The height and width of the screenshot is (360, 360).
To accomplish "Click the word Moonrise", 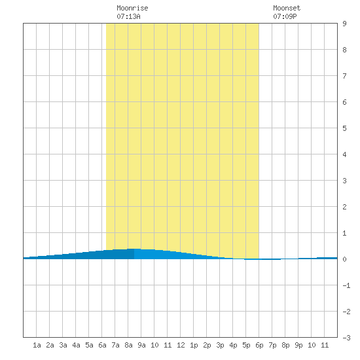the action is pos(132,8).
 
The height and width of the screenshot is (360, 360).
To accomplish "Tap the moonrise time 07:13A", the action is pos(128,16).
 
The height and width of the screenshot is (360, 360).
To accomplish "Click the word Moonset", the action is pos(287,8).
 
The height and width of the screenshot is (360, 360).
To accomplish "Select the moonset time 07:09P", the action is pos(285,16).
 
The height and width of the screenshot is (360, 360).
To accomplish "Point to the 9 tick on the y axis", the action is pos(344,24).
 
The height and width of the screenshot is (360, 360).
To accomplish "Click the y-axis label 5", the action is pos(344,128).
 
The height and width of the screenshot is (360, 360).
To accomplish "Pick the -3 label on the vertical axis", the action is pos(346,338).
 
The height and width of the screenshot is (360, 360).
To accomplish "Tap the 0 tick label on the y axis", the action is pos(344,259).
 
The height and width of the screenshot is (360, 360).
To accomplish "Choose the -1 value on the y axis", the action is pos(346,285).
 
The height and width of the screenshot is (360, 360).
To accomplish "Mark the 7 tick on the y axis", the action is pos(344,76).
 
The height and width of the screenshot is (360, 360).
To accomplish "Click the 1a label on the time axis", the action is pos(37,345).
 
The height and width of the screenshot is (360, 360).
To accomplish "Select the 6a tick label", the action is pos(102,345).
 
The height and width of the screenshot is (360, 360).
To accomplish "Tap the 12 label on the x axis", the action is pos(181,345).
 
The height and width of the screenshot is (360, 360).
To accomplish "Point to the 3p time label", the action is pos(220,345).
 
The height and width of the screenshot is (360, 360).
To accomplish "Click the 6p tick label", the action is pos(259,345).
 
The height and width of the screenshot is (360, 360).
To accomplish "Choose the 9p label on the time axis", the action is pos(298,345).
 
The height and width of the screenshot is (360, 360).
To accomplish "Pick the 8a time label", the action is pos(128,345).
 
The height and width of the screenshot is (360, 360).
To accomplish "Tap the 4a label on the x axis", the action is pos(76,345).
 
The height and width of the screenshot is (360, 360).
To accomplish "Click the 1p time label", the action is pos(194,345).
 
